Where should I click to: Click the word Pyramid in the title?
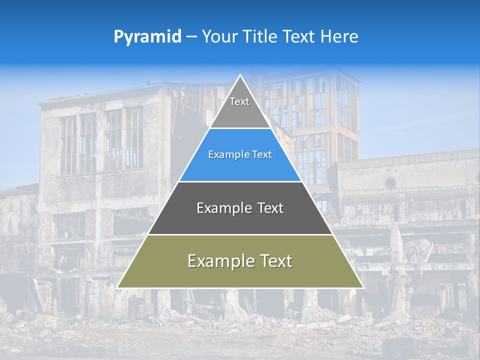(147, 37)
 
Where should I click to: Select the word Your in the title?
(220, 36)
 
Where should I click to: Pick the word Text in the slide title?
(300, 36)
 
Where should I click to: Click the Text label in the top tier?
(239, 101)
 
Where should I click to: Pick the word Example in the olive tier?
(219, 261)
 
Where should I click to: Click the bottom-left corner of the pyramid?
(117, 287)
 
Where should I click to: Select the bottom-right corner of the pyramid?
(363, 287)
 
